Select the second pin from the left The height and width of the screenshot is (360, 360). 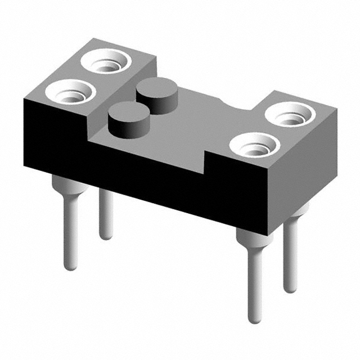(x=106, y=217)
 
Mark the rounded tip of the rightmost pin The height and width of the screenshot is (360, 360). (x=290, y=287)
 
